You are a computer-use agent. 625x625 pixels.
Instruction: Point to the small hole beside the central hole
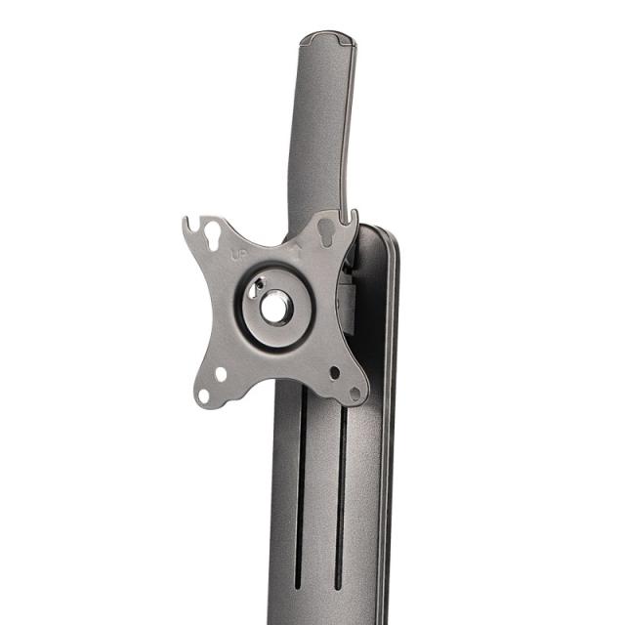tap(253, 290)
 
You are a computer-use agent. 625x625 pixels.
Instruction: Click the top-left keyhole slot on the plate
tap(211, 231)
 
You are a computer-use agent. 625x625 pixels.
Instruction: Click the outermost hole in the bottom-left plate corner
tap(204, 395)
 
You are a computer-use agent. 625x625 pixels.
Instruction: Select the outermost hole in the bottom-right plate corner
tap(354, 393)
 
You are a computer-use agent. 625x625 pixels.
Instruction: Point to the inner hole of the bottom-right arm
tap(334, 372)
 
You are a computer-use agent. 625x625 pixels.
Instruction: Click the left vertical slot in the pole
tap(300, 488)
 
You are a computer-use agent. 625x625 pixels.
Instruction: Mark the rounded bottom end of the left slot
tap(297, 586)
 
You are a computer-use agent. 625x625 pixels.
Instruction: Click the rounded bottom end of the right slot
tap(338, 586)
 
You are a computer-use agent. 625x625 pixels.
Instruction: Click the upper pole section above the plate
tap(319, 127)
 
